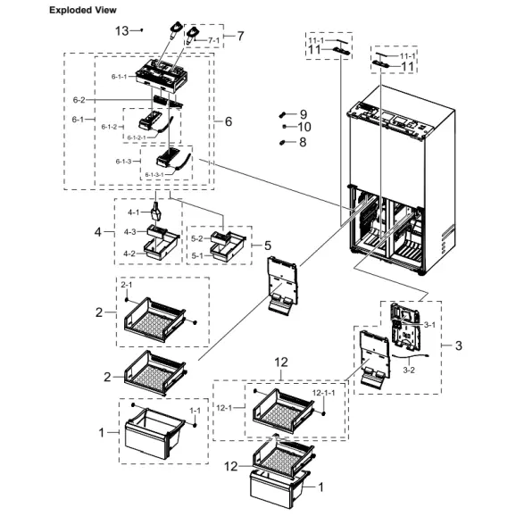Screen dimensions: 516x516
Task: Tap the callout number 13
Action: pyautogui.click(x=122, y=30)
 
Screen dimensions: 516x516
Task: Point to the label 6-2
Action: pyautogui.click(x=79, y=100)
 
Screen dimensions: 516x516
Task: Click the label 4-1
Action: pyautogui.click(x=133, y=212)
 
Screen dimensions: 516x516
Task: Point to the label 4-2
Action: pyautogui.click(x=130, y=254)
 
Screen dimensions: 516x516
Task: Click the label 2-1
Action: pyautogui.click(x=126, y=285)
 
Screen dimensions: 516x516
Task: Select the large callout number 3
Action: pyautogui.click(x=459, y=345)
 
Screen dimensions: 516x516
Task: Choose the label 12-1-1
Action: pyautogui.click(x=323, y=394)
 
